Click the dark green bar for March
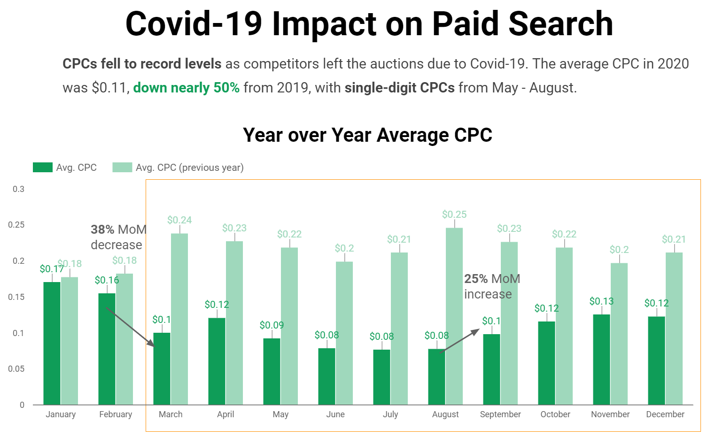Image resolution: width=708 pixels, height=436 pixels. (x=162, y=368)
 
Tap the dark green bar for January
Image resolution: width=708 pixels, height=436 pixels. (x=52, y=343)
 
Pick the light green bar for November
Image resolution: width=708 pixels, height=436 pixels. (x=619, y=334)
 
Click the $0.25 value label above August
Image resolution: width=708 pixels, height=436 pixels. (x=454, y=214)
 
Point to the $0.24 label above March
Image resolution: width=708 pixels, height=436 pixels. (x=179, y=220)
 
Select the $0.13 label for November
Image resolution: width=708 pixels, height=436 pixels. (x=601, y=301)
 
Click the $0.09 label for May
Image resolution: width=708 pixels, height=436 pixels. (x=272, y=325)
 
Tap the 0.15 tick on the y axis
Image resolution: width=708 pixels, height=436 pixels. (x=16, y=297)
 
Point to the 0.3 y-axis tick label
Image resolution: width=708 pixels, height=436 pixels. (x=18, y=189)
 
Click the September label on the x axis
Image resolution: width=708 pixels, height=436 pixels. (x=500, y=414)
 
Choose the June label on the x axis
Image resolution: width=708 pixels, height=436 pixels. (x=335, y=414)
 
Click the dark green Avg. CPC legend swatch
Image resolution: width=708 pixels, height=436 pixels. (x=42, y=168)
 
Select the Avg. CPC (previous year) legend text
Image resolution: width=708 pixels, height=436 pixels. (x=189, y=168)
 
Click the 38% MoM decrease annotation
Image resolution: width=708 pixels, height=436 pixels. (x=118, y=237)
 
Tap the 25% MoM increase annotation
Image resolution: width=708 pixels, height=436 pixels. (x=491, y=286)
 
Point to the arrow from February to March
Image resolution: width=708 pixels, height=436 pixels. (x=130, y=327)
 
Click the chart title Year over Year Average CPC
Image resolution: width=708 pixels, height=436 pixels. (x=367, y=135)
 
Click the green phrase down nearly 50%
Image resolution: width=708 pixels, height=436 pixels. (x=186, y=88)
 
